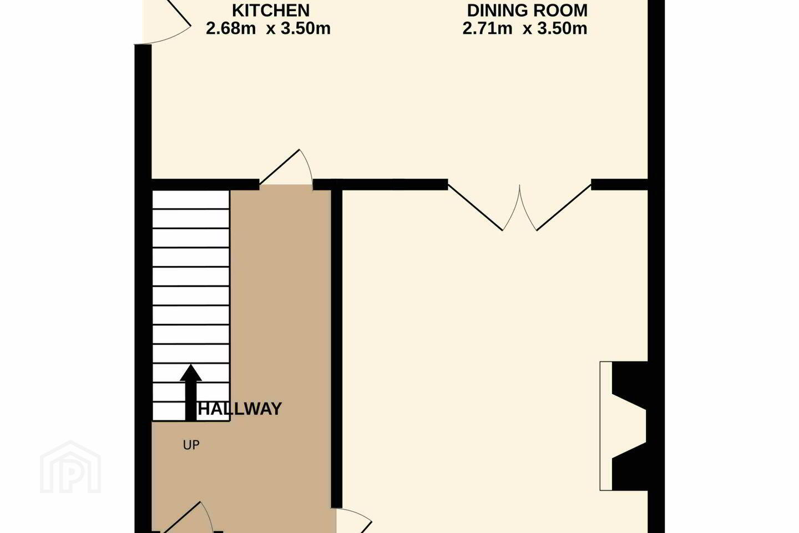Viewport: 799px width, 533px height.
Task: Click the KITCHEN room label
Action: (x=271, y=11)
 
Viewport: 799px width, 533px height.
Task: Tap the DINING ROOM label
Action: (x=527, y=11)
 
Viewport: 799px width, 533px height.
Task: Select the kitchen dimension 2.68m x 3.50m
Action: (x=268, y=28)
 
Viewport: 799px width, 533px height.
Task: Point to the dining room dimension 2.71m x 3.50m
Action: (x=525, y=28)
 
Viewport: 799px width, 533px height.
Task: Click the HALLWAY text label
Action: (x=240, y=409)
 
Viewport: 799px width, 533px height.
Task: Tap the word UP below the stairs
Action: (x=191, y=445)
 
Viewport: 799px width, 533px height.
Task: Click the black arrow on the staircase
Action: (x=191, y=393)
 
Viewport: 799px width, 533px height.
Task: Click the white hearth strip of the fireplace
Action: (x=606, y=426)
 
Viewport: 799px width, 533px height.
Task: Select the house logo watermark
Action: (x=70, y=467)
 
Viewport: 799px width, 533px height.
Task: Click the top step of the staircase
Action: (x=191, y=199)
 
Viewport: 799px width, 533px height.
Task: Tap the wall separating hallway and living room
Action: (x=336, y=348)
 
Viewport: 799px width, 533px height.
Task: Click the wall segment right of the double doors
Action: (x=619, y=184)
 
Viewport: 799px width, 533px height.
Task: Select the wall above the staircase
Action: (x=205, y=184)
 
